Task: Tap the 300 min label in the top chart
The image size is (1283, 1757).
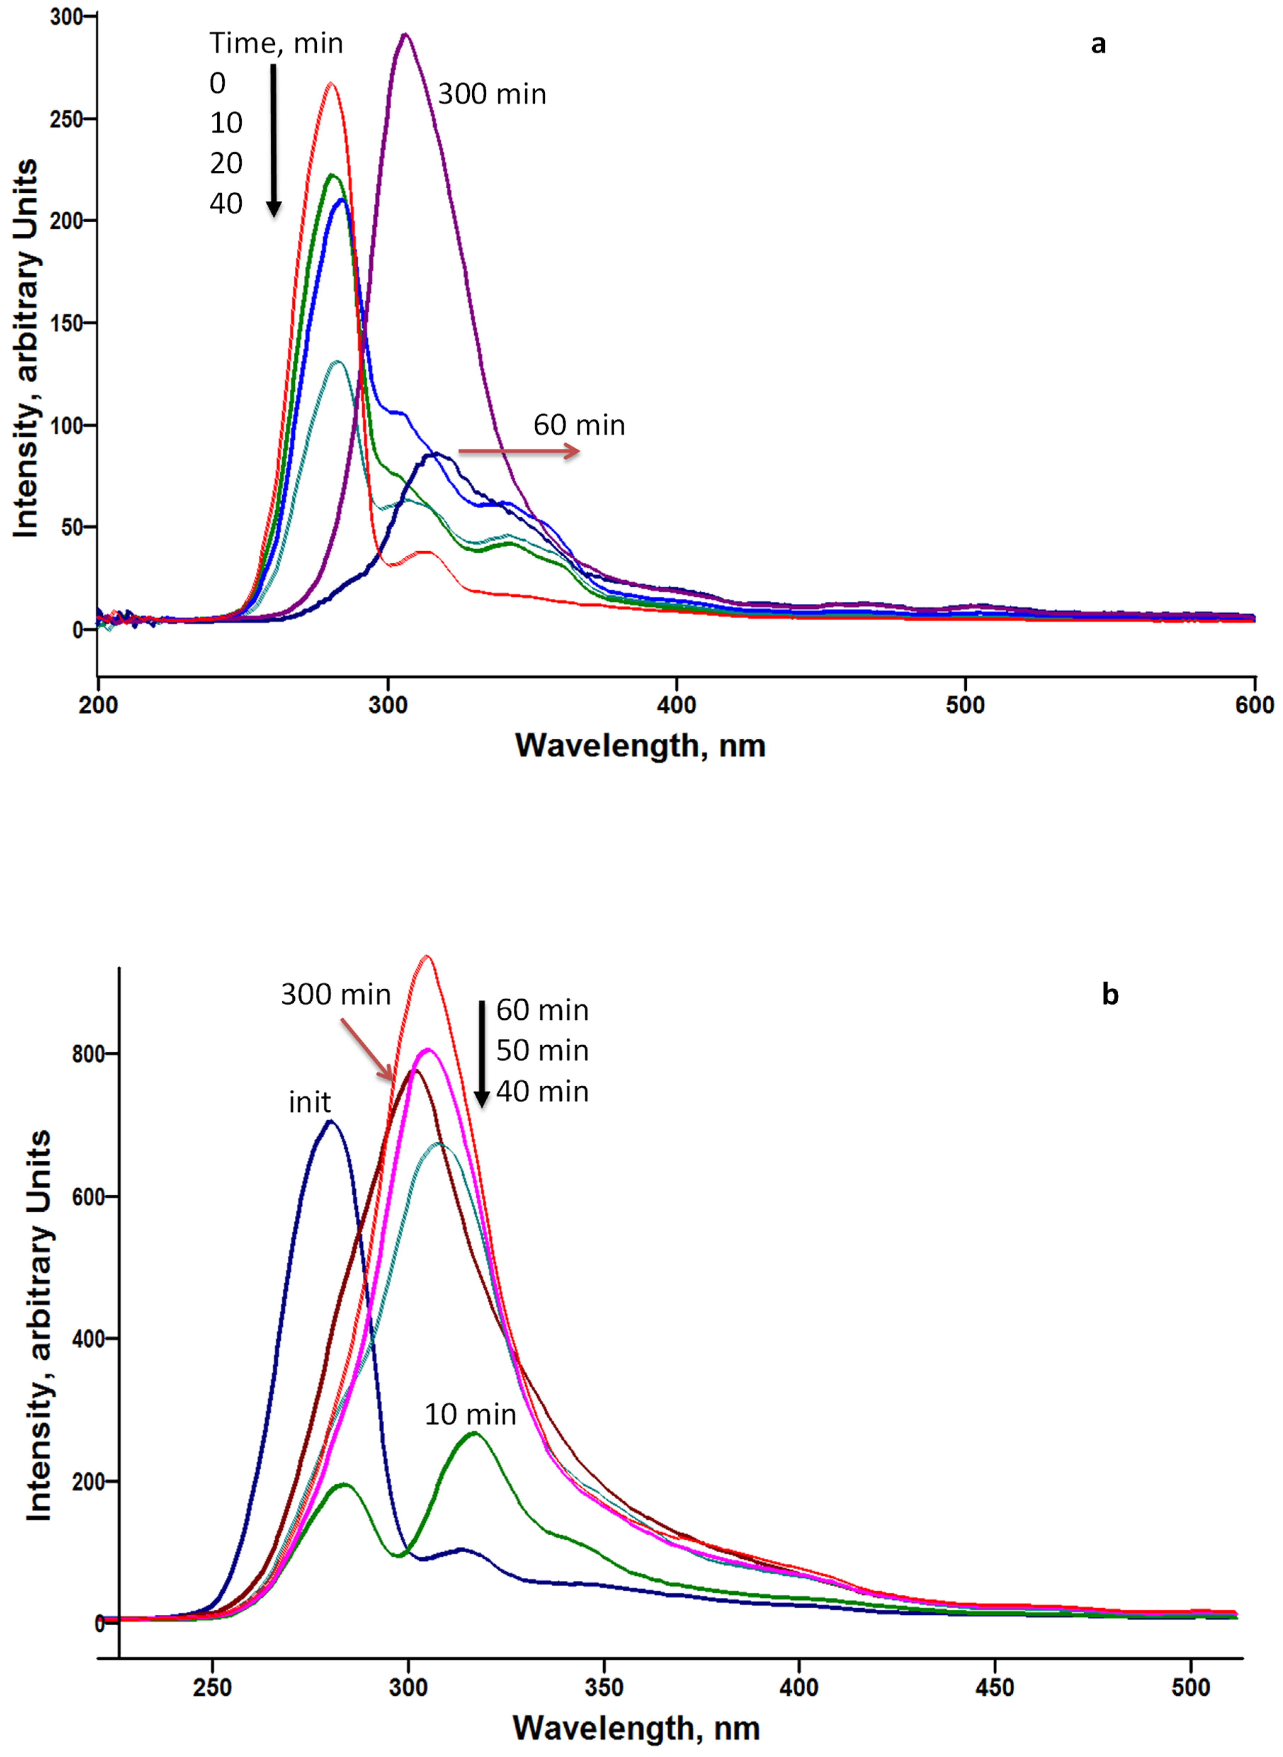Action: pos(492,95)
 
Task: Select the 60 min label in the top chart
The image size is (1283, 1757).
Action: pos(578,426)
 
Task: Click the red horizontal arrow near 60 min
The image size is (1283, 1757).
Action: pos(519,451)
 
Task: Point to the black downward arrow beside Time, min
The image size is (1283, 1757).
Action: pos(273,140)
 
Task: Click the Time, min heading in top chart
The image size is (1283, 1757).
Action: pos(276,44)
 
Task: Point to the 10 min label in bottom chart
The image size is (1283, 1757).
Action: pos(470,1415)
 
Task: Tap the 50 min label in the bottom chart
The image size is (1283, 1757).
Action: pos(542,1051)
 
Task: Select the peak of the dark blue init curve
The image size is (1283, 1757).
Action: pos(331,1121)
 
